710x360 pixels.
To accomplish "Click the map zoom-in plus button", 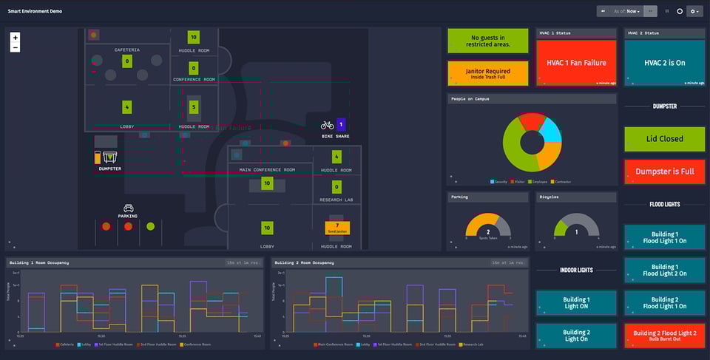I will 16,38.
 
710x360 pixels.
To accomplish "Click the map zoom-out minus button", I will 16,47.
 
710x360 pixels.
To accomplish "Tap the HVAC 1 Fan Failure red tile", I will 576,63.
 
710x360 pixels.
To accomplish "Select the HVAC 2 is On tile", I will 664,63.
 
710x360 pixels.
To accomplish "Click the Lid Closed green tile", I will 664,139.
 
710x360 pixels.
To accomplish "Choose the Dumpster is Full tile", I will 664,171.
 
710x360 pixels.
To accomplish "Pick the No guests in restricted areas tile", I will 487,41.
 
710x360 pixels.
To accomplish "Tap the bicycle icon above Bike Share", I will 327,126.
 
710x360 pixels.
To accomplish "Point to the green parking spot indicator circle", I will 151,226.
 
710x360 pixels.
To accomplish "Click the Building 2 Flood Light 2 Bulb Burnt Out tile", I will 664,336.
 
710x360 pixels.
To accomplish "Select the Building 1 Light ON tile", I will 576,302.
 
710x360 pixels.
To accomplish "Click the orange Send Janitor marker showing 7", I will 337,228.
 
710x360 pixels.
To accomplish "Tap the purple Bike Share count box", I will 341,125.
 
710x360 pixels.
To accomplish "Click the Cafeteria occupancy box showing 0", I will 126,61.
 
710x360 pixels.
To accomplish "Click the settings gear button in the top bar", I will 694,11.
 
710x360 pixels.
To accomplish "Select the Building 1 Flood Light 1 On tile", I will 664,237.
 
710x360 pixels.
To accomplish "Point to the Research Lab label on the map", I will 337,200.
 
